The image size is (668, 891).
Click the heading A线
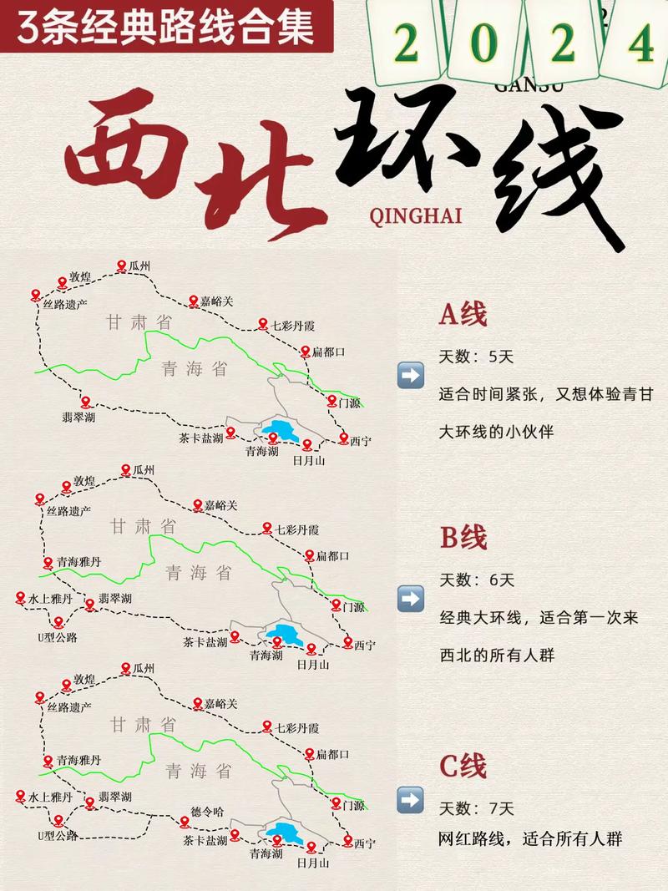pyautogui.click(x=463, y=315)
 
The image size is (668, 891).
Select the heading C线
pyautogui.click(x=463, y=765)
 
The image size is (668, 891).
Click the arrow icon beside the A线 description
pyautogui.click(x=411, y=375)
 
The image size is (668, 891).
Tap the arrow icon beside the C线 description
pyautogui.click(x=411, y=799)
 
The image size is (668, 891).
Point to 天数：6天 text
pyautogui.click(x=477, y=580)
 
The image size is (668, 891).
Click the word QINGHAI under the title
pyautogui.click(x=414, y=215)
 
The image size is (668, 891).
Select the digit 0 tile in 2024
pyautogui.click(x=483, y=45)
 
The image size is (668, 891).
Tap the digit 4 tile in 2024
pyautogui.click(x=640, y=45)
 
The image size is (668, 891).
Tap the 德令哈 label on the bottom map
pyautogui.click(x=208, y=810)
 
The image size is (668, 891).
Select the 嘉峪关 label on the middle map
pyautogui.click(x=221, y=505)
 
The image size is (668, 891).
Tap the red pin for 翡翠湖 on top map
pyautogui.click(x=84, y=402)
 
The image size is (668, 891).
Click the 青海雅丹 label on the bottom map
pyautogui.click(x=79, y=760)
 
